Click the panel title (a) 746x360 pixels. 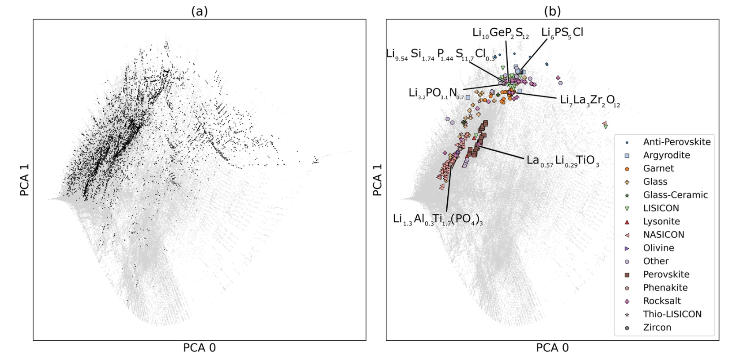tap(200, 12)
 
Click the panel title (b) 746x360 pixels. tap(553, 12)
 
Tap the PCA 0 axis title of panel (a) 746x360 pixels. tap(200, 348)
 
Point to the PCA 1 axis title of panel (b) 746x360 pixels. tap(377, 180)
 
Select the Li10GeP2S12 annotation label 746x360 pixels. tap(501, 33)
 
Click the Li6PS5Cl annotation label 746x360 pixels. tap(562, 33)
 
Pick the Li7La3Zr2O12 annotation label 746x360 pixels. tap(590, 101)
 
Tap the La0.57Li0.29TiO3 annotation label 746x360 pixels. tap(563, 161)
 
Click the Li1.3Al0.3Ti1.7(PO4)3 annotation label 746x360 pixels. tap(438, 220)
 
